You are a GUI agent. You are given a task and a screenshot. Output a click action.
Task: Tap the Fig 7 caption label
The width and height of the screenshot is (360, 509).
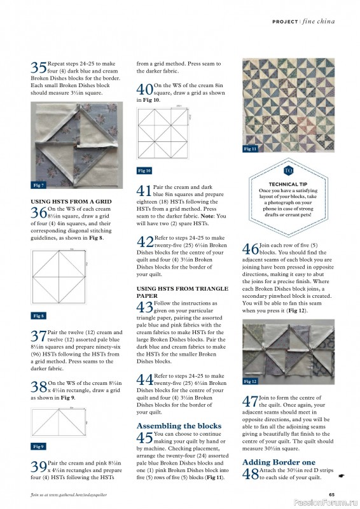(x=38, y=185)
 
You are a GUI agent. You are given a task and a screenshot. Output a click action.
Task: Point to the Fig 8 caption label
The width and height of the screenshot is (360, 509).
(x=38, y=316)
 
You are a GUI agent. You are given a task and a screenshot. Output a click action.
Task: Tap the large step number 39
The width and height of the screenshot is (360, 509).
(x=38, y=483)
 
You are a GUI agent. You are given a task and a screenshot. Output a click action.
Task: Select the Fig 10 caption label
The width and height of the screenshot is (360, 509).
(x=144, y=171)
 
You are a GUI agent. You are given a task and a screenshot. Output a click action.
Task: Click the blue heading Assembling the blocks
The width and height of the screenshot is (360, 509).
(x=179, y=426)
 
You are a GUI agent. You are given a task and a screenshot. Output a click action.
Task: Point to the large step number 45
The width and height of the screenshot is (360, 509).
(x=144, y=438)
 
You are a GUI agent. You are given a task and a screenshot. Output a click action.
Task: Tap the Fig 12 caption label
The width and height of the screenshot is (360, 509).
(x=251, y=381)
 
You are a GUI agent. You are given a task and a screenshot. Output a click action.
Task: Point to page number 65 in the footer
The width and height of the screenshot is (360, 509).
(x=331, y=494)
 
